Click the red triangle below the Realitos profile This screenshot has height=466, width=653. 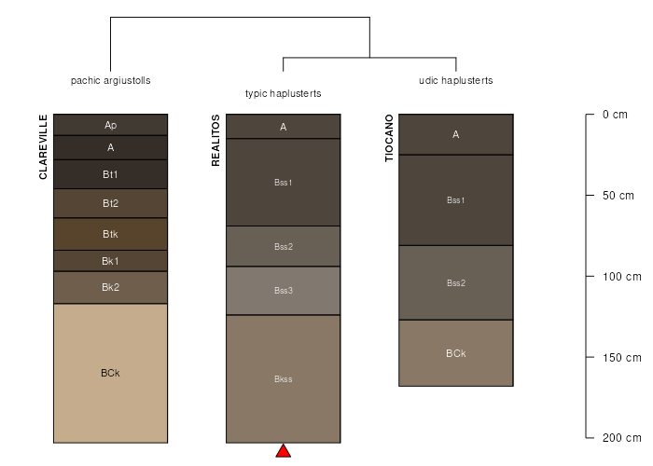point(284,451)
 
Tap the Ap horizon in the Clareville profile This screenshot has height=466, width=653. point(110,125)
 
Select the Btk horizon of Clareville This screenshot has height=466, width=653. point(110,234)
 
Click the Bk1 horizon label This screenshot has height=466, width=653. point(110,261)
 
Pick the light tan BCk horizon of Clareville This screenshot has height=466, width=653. point(110,373)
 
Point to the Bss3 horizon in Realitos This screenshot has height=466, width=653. point(284,291)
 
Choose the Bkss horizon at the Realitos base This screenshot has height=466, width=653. point(284,379)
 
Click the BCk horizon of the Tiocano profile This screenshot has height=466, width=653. point(456,353)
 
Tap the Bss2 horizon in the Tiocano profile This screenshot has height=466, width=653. point(456,283)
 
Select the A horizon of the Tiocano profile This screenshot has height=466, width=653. point(456,134)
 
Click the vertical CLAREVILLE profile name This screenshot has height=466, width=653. point(43,147)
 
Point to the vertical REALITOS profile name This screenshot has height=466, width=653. point(215,141)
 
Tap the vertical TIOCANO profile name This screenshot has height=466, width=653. point(389,138)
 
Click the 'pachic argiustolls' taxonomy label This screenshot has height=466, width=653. point(110,80)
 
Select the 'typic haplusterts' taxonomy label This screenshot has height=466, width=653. point(284,93)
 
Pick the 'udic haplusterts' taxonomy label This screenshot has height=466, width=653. point(456,80)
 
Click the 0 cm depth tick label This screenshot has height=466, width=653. point(615,115)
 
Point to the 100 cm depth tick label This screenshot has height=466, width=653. point(622,276)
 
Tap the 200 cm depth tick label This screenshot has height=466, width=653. point(622,438)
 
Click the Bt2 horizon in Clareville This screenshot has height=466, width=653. point(110,203)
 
